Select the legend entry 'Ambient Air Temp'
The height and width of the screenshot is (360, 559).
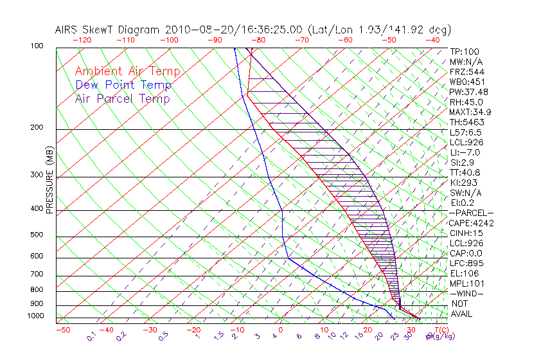[127, 71]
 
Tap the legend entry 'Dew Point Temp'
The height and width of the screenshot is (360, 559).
[123, 85]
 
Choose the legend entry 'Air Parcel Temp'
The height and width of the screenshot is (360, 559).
[122, 98]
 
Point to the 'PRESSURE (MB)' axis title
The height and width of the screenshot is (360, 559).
[49, 180]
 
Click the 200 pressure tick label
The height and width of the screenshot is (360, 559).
[37, 128]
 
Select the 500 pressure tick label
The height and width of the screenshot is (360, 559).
[37, 235]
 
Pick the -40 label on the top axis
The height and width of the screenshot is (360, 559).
[432, 40]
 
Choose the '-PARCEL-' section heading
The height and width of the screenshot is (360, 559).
[472, 213]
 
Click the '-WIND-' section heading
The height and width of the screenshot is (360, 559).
[467, 293]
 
